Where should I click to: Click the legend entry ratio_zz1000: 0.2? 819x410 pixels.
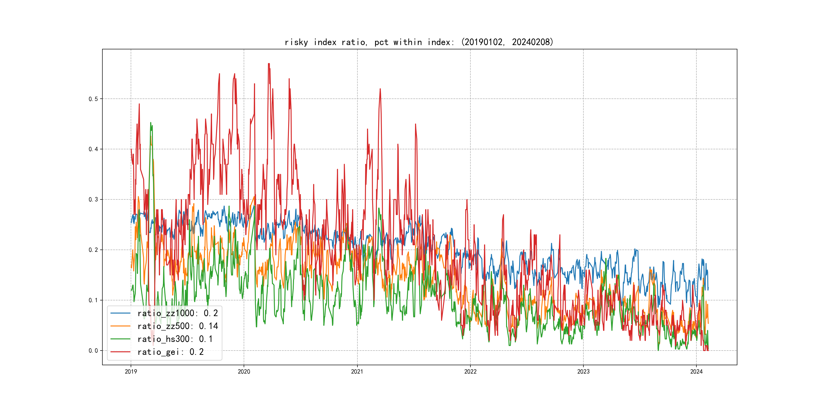click(177, 313)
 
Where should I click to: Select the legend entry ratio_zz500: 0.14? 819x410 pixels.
click(177, 326)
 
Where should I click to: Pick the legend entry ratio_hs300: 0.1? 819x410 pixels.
click(175, 339)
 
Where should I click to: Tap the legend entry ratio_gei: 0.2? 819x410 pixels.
click(170, 352)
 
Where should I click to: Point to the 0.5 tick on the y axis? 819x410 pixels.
click(93, 99)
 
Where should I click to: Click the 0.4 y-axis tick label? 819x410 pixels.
click(93, 149)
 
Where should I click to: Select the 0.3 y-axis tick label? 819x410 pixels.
click(93, 200)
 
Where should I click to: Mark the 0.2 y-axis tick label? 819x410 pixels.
click(93, 250)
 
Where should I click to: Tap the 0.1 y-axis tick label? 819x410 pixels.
click(93, 300)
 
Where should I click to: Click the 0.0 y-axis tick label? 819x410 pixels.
click(93, 351)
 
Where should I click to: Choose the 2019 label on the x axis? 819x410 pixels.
click(131, 372)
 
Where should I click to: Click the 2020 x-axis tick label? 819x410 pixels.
click(244, 372)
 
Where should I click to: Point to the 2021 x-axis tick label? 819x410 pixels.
click(357, 372)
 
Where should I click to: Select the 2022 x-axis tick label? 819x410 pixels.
click(470, 372)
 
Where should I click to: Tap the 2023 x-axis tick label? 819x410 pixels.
click(583, 372)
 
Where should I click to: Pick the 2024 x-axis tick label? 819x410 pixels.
click(696, 372)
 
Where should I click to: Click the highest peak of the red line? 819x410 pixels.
click(269, 64)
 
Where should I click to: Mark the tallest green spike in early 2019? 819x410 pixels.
click(151, 122)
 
